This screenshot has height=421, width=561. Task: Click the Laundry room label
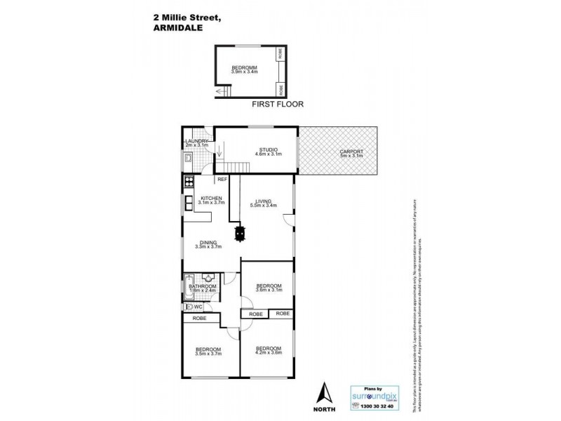(x=198, y=142)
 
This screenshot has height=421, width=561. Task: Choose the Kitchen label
(x=212, y=199)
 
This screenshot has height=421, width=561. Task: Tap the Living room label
(x=263, y=202)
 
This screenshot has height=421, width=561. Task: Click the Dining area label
(x=208, y=243)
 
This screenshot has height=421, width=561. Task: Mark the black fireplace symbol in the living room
(x=242, y=232)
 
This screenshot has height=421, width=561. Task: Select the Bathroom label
(x=202, y=286)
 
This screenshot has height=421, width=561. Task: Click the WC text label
(x=198, y=307)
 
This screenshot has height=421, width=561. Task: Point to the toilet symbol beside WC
(x=188, y=307)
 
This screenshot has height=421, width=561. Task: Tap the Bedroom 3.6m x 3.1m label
(x=269, y=287)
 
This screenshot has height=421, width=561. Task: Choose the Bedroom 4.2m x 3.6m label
(x=269, y=350)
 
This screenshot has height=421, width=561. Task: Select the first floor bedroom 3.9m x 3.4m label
(x=245, y=69)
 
